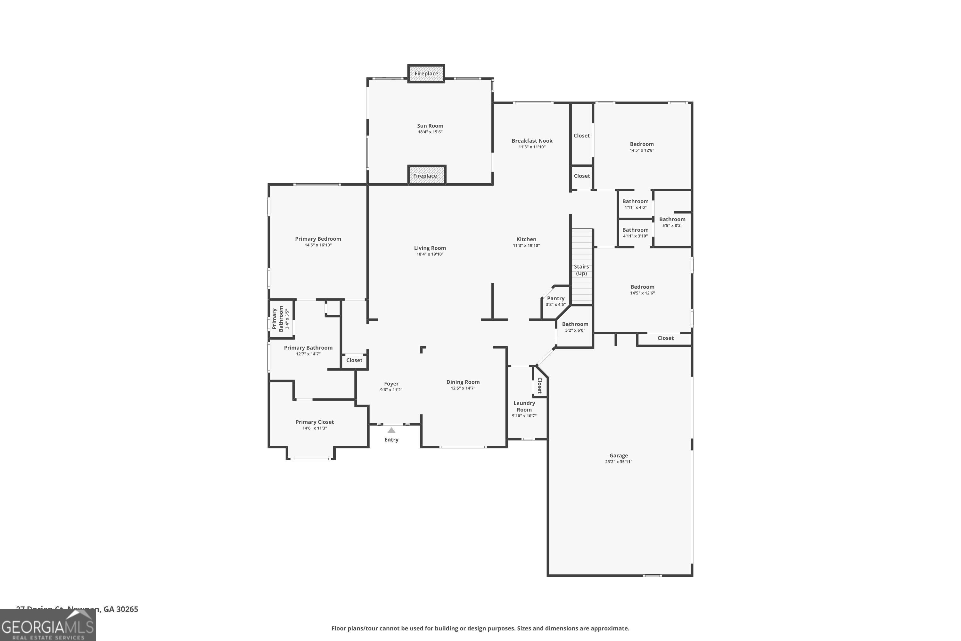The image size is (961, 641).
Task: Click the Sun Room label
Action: click(x=430, y=126)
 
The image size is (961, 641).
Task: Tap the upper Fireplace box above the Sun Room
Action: click(x=426, y=74)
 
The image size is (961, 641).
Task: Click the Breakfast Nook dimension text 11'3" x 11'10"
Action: click(x=532, y=147)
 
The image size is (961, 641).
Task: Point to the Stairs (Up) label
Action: click(x=581, y=270)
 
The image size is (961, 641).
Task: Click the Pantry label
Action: click(x=556, y=298)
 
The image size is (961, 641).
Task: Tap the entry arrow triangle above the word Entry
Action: click(x=391, y=430)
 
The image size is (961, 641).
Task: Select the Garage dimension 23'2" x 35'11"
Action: click(x=618, y=462)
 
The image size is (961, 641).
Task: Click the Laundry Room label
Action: click(x=524, y=406)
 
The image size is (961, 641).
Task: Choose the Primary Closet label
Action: click(x=315, y=422)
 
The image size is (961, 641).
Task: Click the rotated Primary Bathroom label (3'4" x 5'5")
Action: click(x=278, y=319)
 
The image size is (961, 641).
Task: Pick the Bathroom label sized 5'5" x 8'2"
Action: click(x=672, y=220)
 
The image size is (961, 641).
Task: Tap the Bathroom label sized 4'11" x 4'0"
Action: click(x=635, y=202)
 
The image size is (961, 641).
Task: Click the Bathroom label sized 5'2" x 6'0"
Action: click(x=575, y=324)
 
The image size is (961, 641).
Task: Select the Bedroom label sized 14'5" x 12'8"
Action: click(x=642, y=144)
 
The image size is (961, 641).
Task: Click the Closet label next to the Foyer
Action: click(x=354, y=361)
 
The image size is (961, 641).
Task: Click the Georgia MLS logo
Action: click(x=48, y=625)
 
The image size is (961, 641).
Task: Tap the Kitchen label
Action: click(x=526, y=239)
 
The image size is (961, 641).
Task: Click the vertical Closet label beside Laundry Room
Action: click(x=540, y=385)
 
